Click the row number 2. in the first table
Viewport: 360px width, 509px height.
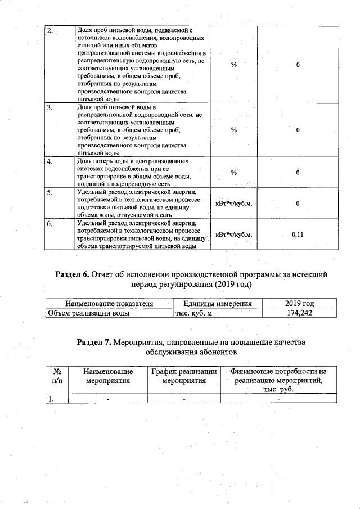pyautogui.click(x=49, y=31)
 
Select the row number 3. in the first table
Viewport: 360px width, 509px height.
pyautogui.click(x=49, y=107)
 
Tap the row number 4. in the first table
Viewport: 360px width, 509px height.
pyautogui.click(x=49, y=162)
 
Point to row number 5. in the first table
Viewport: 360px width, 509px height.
pyautogui.click(x=49, y=193)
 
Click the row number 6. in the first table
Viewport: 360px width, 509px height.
pyautogui.click(x=49, y=224)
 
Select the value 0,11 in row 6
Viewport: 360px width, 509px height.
pyautogui.click(x=298, y=235)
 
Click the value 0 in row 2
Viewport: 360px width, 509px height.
pyautogui.click(x=298, y=65)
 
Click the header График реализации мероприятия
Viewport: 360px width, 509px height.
pyautogui.click(x=184, y=376)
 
